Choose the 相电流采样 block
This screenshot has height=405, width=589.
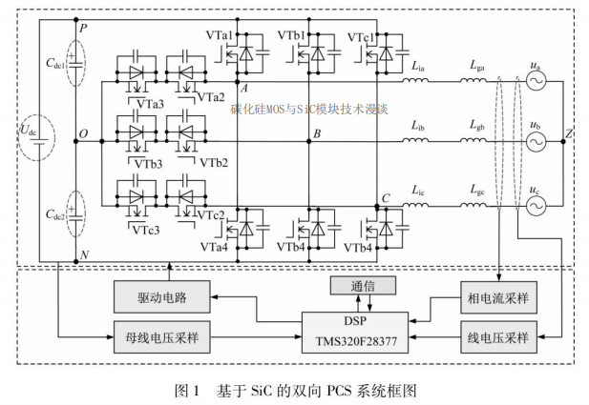500,298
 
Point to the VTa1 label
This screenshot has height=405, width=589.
219,35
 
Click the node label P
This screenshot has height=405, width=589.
84,30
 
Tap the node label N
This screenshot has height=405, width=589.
85,254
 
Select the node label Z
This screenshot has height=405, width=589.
569,134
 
